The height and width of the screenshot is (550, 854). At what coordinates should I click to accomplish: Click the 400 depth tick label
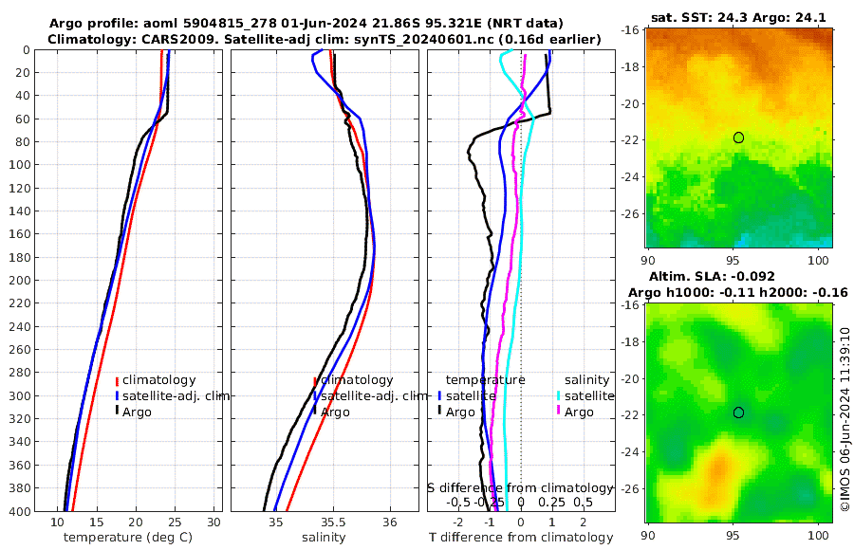19,511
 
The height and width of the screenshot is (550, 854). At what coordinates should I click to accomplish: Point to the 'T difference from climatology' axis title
521,538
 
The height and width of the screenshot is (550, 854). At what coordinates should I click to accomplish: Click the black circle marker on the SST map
738,137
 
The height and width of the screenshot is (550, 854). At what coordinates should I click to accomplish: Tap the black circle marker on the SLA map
738,412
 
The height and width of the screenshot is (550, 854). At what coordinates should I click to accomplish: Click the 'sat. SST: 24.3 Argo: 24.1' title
739,16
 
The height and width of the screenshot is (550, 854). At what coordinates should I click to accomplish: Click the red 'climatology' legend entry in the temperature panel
158,380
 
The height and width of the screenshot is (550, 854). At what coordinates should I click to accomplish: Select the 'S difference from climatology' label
521,486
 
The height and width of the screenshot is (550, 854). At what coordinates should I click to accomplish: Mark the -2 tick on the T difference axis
459,522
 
